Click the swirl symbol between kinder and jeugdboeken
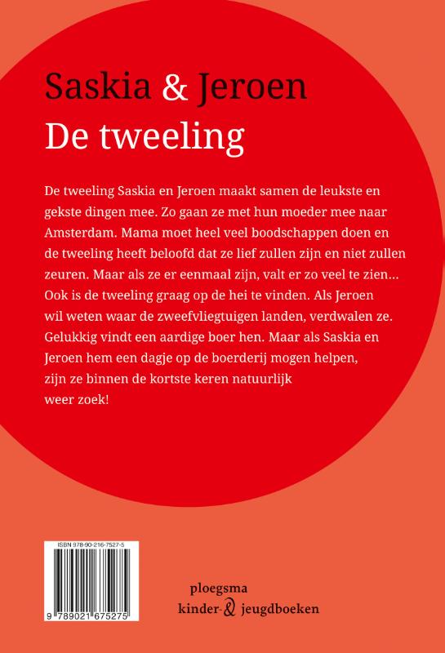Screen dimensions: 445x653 click(x=229, y=609)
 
